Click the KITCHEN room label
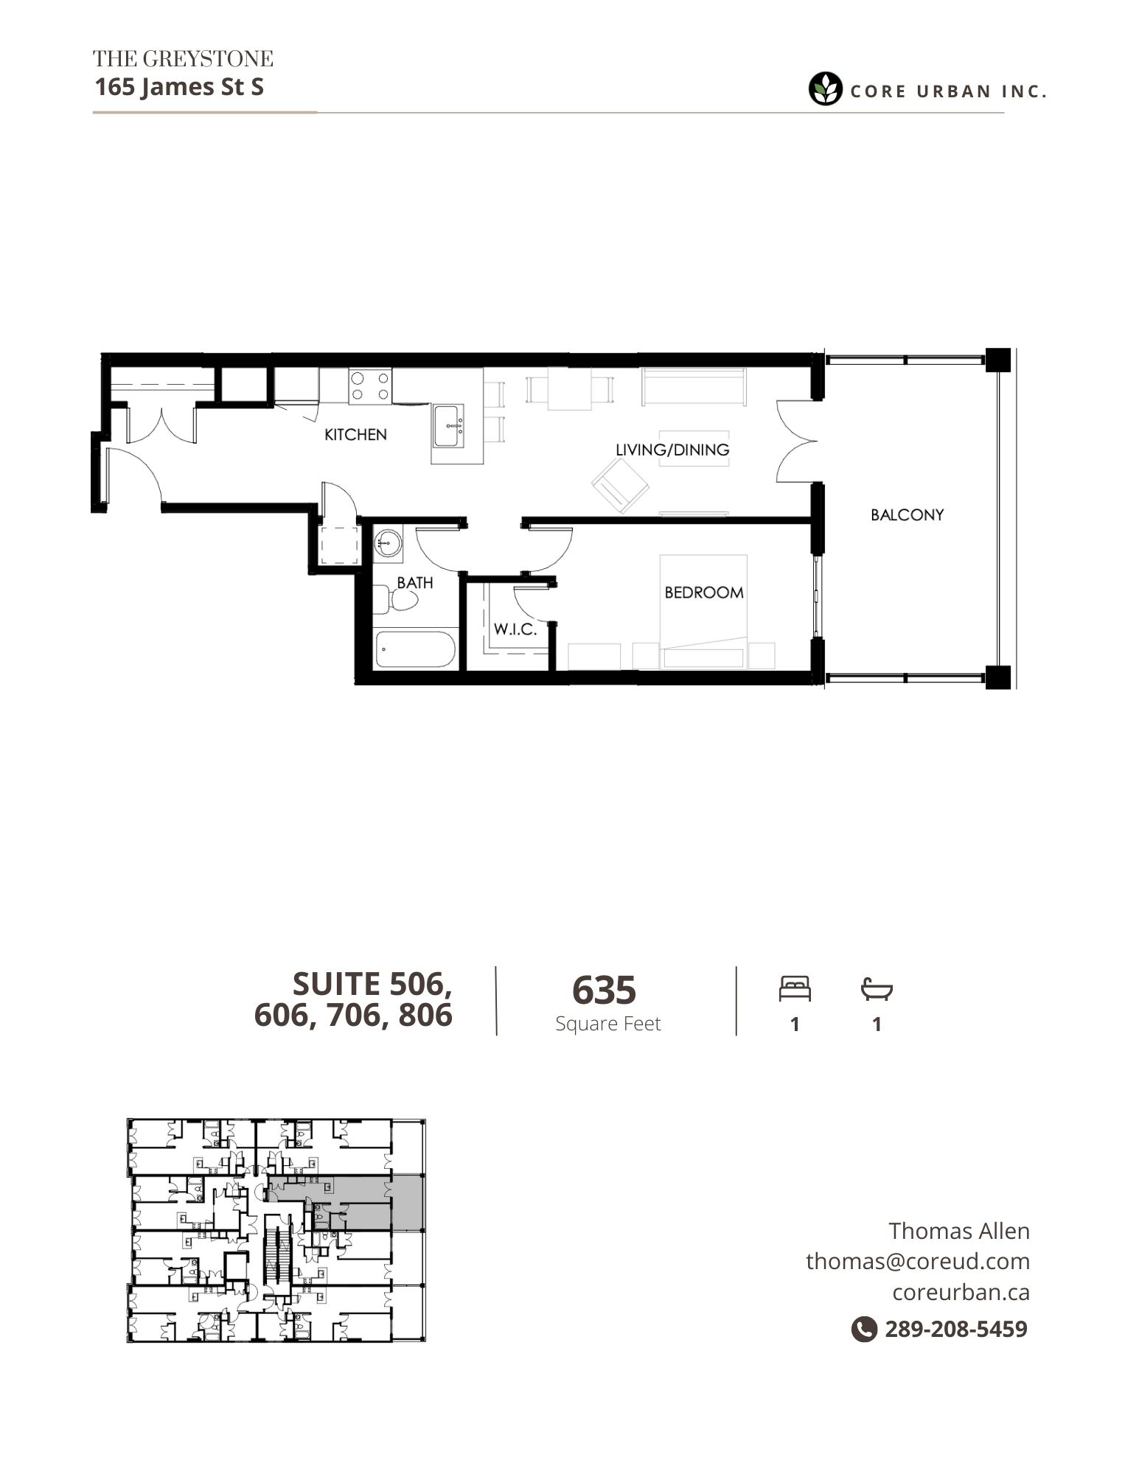point(355,435)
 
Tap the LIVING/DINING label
point(672,450)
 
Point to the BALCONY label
point(907,514)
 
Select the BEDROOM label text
point(704,593)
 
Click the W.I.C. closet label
point(515,629)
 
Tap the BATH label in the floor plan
point(415,582)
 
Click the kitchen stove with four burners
point(370,386)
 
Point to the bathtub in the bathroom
point(416,649)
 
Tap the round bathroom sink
point(387,545)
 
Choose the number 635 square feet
point(604,990)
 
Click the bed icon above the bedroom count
point(795,988)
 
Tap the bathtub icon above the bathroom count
point(877,989)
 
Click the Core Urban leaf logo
point(825,89)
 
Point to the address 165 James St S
point(179,87)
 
